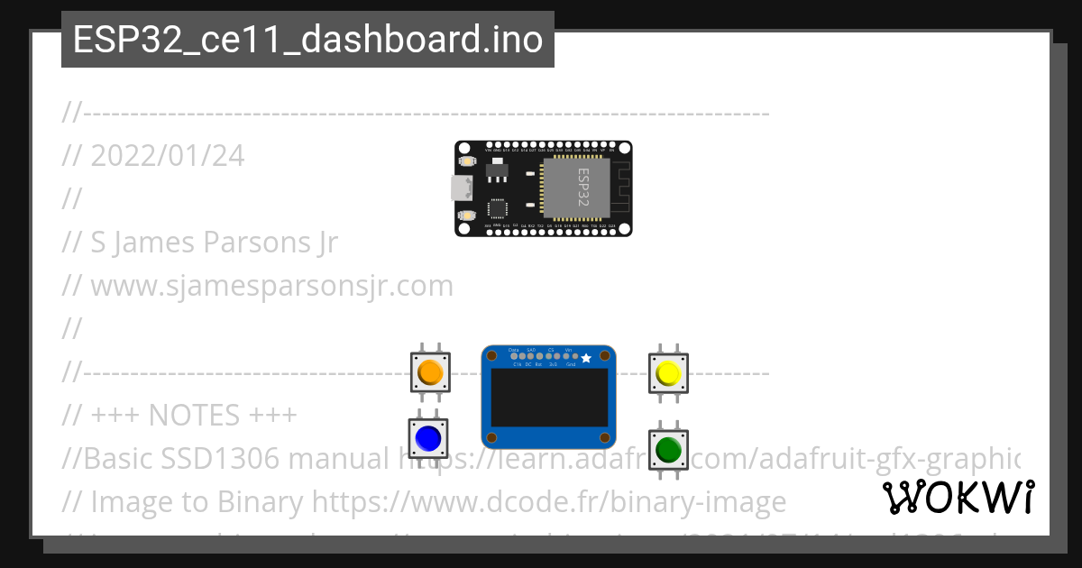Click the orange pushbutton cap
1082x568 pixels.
click(x=430, y=371)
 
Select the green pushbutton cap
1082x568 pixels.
click(x=668, y=448)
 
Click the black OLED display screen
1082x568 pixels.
click(x=548, y=403)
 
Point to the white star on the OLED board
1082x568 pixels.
click(x=586, y=359)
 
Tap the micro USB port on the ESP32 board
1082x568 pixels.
click(x=461, y=188)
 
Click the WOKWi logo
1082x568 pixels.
click(x=958, y=497)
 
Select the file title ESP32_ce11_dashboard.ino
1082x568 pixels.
click(x=307, y=40)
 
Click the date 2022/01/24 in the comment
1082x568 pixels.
click(x=168, y=156)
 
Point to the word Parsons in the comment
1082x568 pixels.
click(x=249, y=243)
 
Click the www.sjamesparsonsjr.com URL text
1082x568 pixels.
click(x=271, y=286)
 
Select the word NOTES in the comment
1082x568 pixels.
click(x=189, y=416)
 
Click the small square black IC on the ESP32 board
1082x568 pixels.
click(x=497, y=208)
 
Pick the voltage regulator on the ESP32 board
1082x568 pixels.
click(x=494, y=169)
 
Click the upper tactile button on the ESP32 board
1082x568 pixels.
click(x=466, y=160)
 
